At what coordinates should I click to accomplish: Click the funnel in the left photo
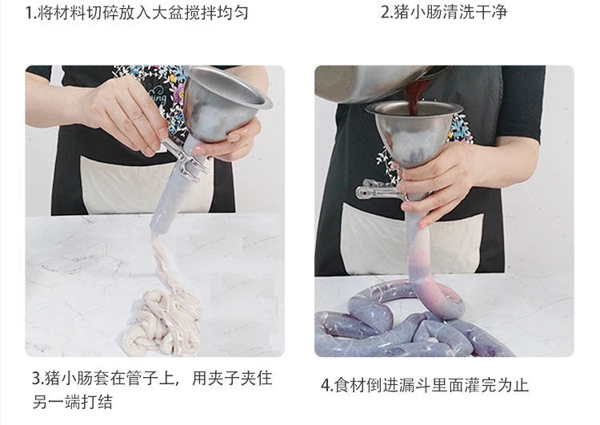[x=226, y=105]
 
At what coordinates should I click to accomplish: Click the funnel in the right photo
[x=414, y=130]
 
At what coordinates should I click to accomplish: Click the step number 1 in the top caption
[x=30, y=13]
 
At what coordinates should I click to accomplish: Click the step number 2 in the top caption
[x=386, y=12]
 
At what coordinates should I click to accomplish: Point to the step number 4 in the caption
[x=326, y=385]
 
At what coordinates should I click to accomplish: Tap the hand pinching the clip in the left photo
[x=126, y=115]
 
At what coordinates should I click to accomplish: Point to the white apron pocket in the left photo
[x=146, y=187]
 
